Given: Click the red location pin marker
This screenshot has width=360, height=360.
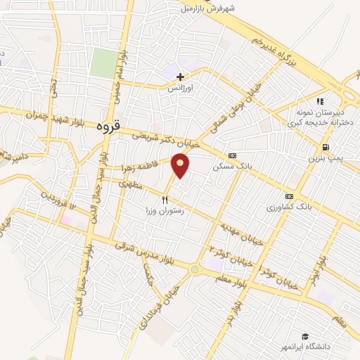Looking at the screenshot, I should click(x=181, y=165).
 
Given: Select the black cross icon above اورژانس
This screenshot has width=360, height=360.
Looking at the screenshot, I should click(x=181, y=76).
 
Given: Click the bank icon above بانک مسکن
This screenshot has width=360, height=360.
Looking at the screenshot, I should click(x=232, y=155).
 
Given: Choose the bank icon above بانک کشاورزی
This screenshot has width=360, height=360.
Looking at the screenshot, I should click(x=288, y=196).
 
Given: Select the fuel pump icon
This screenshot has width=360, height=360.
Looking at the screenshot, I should click(x=325, y=148).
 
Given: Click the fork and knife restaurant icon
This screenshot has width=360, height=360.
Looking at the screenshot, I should click(x=165, y=200).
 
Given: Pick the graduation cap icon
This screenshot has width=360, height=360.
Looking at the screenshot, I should click(x=305, y=337).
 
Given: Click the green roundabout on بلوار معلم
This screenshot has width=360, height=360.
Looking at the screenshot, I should click(x=195, y=269).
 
